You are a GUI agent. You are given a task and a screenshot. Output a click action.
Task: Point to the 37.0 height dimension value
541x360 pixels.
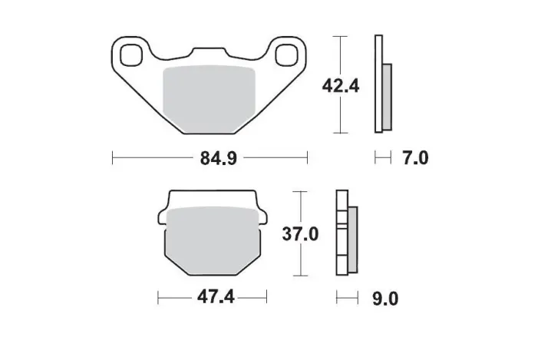[x=301, y=233]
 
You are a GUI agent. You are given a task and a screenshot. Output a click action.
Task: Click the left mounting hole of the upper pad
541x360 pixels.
[x=129, y=55]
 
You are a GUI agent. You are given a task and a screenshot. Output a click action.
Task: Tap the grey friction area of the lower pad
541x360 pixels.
[x=213, y=238]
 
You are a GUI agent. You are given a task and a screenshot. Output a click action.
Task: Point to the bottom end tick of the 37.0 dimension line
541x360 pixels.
[x=301, y=276]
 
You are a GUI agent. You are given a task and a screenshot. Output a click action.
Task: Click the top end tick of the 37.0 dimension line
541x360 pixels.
[x=301, y=191]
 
